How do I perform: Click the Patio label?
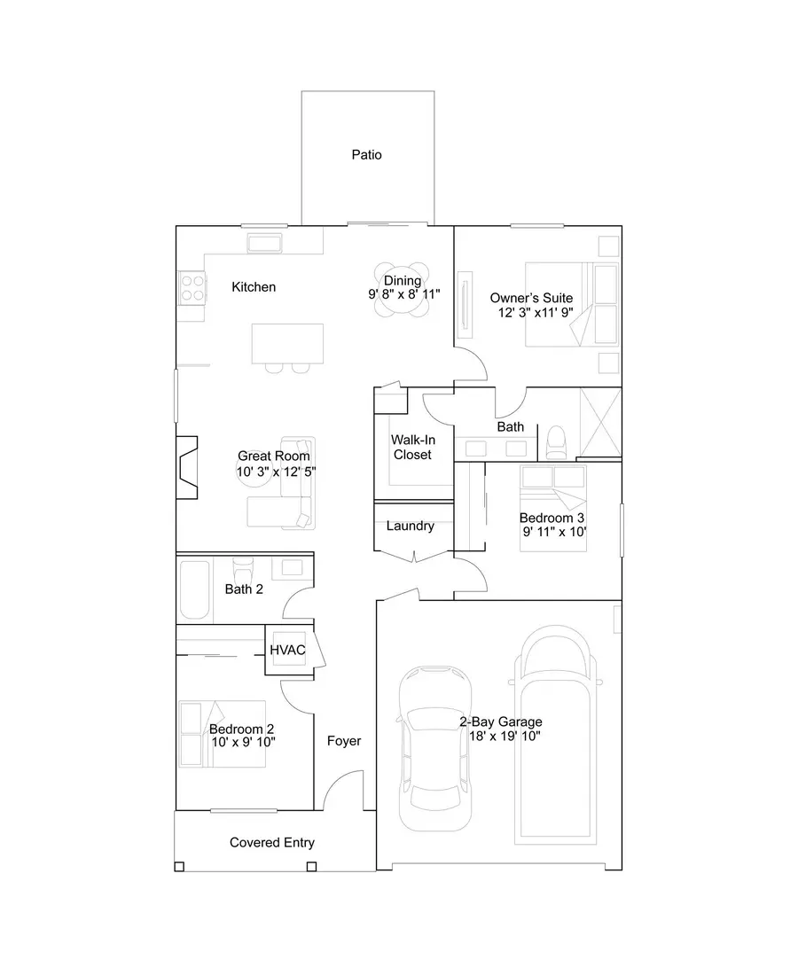pos(366,155)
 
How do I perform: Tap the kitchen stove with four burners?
pos(191,287)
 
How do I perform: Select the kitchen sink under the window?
pos(264,243)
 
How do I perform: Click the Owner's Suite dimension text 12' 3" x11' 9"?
pos(532,314)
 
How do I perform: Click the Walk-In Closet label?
pos(412,447)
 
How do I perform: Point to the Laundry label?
pos(411,526)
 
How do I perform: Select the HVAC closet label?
pos(288,651)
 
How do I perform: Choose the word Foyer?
pos(344,741)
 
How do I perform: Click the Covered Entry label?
pos(271,843)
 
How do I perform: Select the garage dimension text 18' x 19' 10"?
pos(500,737)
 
